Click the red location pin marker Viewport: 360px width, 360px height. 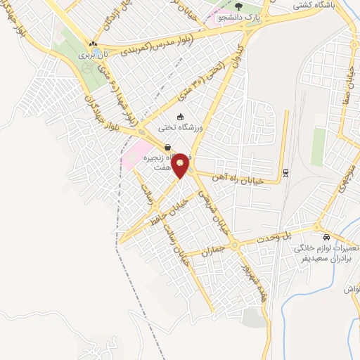point(181,165)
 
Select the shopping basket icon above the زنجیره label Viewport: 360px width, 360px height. point(167,147)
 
